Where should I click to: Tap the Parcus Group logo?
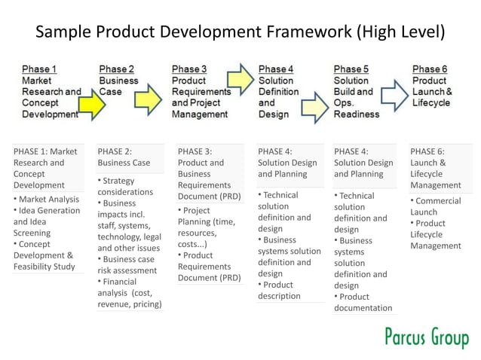(x=426, y=338)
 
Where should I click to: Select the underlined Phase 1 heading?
(x=39, y=69)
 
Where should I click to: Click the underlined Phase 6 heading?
(x=429, y=69)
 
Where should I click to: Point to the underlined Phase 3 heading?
(x=189, y=69)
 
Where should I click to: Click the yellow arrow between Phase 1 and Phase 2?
(x=91, y=105)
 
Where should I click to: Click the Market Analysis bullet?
(x=47, y=200)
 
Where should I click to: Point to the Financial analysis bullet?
(x=129, y=293)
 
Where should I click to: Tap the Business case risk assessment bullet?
(x=127, y=264)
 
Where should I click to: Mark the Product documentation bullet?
(x=363, y=302)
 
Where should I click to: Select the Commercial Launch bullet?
(x=437, y=206)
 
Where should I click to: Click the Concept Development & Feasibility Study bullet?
(x=44, y=255)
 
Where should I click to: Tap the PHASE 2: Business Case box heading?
(x=124, y=157)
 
